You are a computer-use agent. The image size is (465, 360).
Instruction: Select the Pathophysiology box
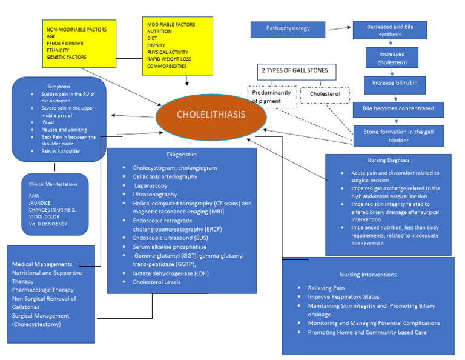(288, 28)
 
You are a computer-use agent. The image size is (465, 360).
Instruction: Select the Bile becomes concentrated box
(399, 109)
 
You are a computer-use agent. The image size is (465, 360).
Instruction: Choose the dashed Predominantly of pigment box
(272, 97)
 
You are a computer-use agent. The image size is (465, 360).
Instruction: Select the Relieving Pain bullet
(326, 288)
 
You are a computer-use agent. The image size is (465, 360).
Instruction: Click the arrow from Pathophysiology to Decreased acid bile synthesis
(339, 28)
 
